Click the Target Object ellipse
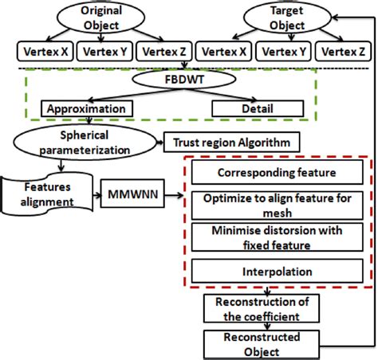coord(285,18)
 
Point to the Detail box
coord(257,107)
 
